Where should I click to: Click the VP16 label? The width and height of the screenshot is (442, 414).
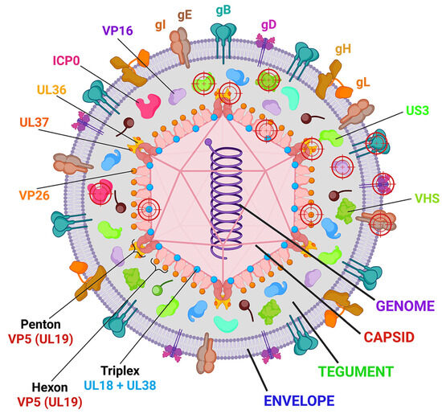(x=118, y=31)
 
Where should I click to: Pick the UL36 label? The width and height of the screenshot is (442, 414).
(x=55, y=90)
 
